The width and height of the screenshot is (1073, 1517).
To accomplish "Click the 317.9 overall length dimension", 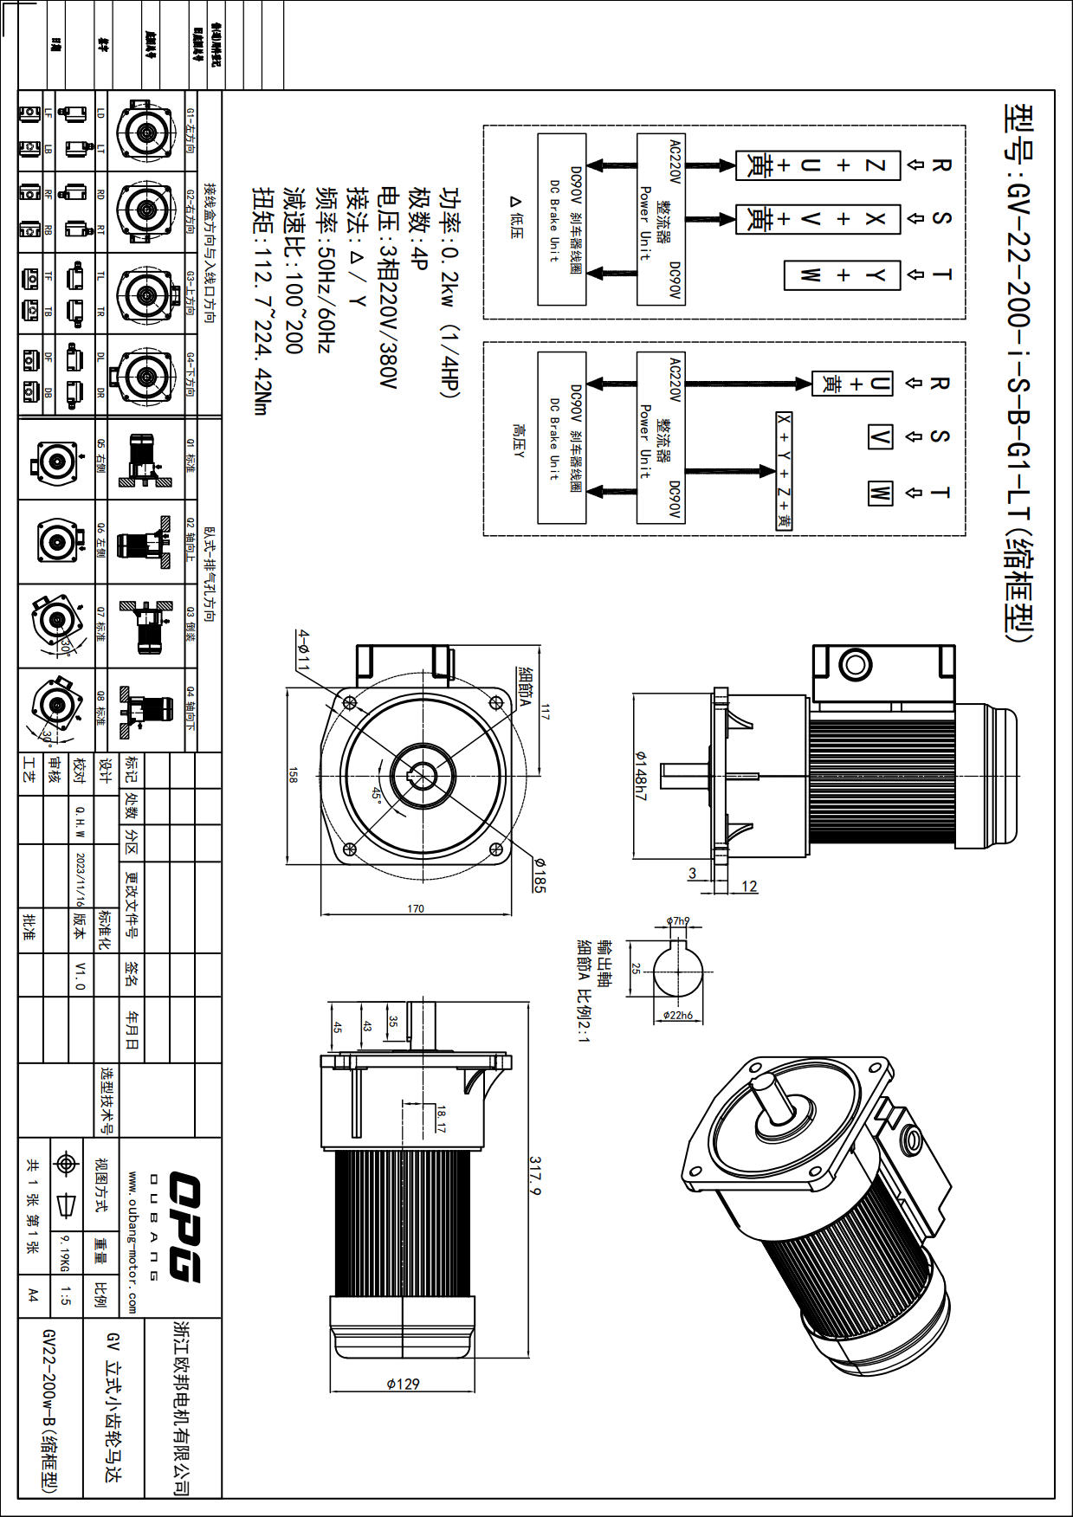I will tap(535, 1176).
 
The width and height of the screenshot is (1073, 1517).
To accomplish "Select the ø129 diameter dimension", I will tap(403, 1384).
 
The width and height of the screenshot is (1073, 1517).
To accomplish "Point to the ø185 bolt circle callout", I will tap(539, 875).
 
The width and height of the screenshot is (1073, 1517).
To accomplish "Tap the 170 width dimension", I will tap(416, 908).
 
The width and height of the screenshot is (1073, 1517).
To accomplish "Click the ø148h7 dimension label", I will tap(641, 775).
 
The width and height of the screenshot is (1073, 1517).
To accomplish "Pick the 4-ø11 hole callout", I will tap(302, 649).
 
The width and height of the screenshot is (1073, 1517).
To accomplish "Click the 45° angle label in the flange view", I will tap(377, 794).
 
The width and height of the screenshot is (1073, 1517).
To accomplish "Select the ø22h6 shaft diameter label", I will tap(677, 1016).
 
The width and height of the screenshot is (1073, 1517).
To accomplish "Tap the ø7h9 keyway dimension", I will tap(677, 920).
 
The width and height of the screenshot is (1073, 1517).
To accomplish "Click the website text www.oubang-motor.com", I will tap(132, 1242).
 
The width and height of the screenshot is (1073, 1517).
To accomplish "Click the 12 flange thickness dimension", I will tap(749, 886).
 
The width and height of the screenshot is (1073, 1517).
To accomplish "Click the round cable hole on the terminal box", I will tap(855, 665).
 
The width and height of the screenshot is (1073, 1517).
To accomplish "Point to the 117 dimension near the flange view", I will tap(545, 712).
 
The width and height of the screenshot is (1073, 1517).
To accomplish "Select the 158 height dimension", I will tap(293, 774).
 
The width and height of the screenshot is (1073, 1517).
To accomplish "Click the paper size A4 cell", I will tap(33, 1295).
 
